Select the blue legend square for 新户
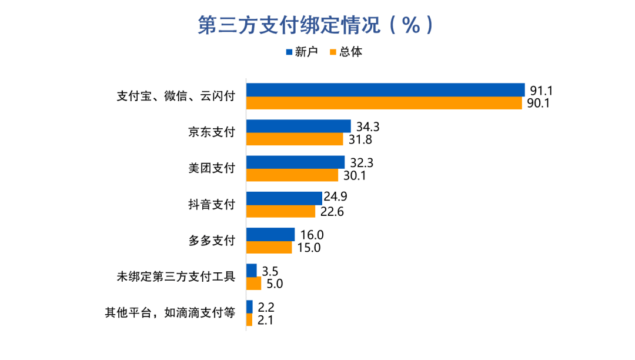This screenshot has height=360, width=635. tap(289, 52)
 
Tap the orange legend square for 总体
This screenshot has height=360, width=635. tap(332, 52)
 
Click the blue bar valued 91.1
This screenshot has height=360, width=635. tap(385, 89)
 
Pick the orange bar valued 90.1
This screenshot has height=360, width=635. tap(383, 103)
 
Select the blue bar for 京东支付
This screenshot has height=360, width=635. tap(298, 126)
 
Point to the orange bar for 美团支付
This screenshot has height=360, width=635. tap(292, 175)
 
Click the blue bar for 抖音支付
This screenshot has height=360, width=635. tap(284, 198)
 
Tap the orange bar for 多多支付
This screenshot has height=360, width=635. tap(269, 248)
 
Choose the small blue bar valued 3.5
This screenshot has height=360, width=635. tap(252, 271)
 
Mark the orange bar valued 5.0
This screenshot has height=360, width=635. tap(253, 284)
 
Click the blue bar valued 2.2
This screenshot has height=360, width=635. tap(249, 306)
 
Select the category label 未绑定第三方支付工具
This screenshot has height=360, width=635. tap(176, 276)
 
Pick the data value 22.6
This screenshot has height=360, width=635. tap(332, 211)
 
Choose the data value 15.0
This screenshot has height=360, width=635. tap(308, 248)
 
